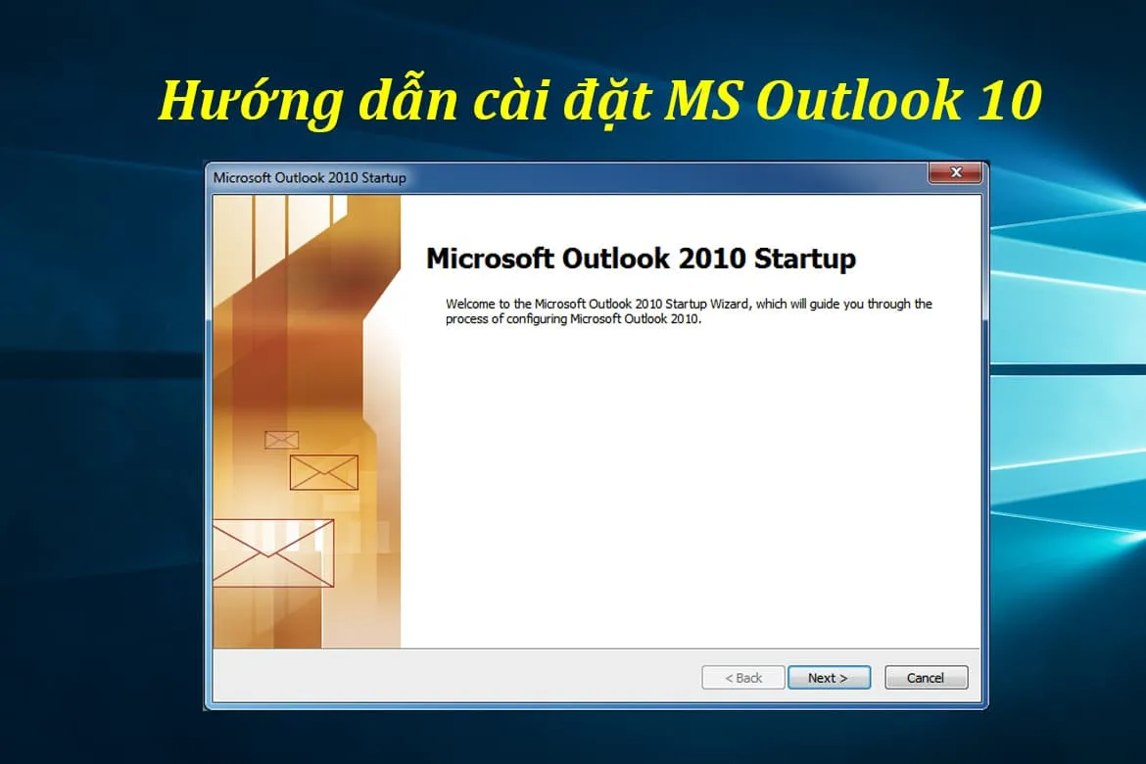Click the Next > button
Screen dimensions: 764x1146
[828, 678]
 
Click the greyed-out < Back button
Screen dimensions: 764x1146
[743, 678]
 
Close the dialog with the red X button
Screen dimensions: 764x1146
[955, 173]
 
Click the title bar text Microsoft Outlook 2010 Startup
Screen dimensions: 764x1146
[310, 178]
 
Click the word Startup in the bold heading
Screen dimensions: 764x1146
[805, 259]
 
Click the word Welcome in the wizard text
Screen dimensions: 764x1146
[469, 305]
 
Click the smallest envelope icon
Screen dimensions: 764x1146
[282, 440]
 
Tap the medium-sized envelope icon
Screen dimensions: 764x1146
[323, 472]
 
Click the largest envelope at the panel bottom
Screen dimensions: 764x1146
[273, 552]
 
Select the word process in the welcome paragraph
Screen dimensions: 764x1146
[465, 319]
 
